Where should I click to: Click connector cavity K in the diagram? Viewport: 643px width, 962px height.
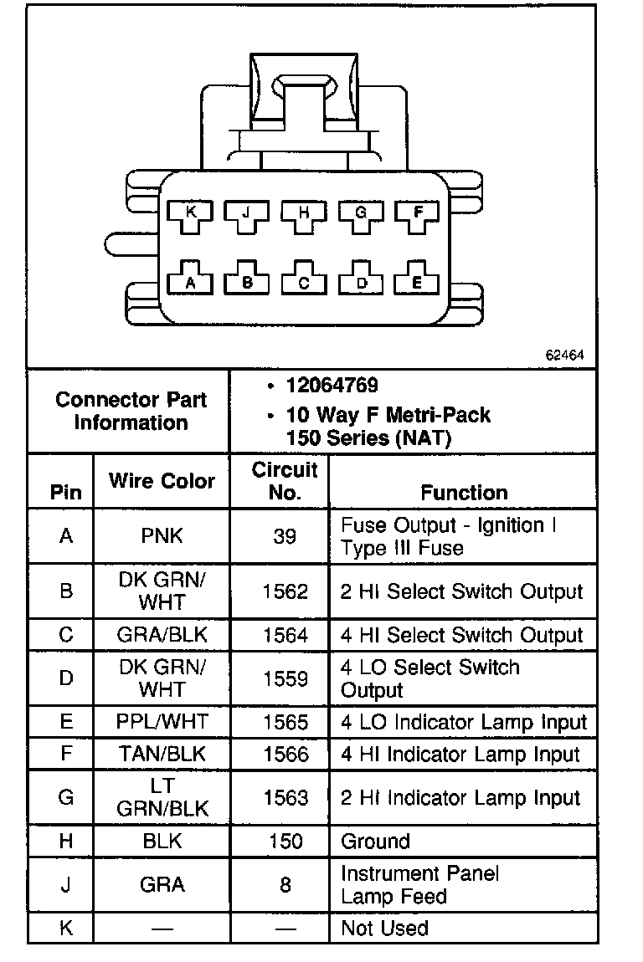pos(190,215)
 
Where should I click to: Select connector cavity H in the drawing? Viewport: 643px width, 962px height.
pos(303,215)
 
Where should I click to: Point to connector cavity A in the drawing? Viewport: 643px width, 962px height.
pos(190,281)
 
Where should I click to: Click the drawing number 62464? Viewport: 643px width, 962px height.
pos(564,356)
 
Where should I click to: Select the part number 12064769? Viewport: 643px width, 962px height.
pos(332,386)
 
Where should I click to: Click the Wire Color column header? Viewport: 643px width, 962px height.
pos(162,481)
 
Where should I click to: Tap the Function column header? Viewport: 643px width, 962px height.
pos(464,493)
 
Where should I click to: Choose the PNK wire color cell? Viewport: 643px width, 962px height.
pos(162,536)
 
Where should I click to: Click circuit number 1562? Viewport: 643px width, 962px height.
pos(285,591)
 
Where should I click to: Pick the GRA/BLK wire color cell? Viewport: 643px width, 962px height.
pos(162,636)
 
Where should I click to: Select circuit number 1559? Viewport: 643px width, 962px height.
pos(285,678)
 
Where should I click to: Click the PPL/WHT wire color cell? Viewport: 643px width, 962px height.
pos(162,722)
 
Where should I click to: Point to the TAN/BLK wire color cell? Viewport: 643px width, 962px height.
pos(162,755)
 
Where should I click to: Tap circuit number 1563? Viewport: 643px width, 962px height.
pos(285,798)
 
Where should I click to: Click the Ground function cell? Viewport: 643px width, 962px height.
pos(375,842)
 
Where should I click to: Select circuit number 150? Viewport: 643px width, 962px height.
pos(285,842)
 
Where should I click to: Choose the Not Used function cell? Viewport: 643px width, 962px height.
pos(384,929)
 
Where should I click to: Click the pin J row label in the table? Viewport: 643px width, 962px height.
pos(66,885)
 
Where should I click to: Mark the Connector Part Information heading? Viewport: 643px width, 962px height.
pos(131,411)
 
